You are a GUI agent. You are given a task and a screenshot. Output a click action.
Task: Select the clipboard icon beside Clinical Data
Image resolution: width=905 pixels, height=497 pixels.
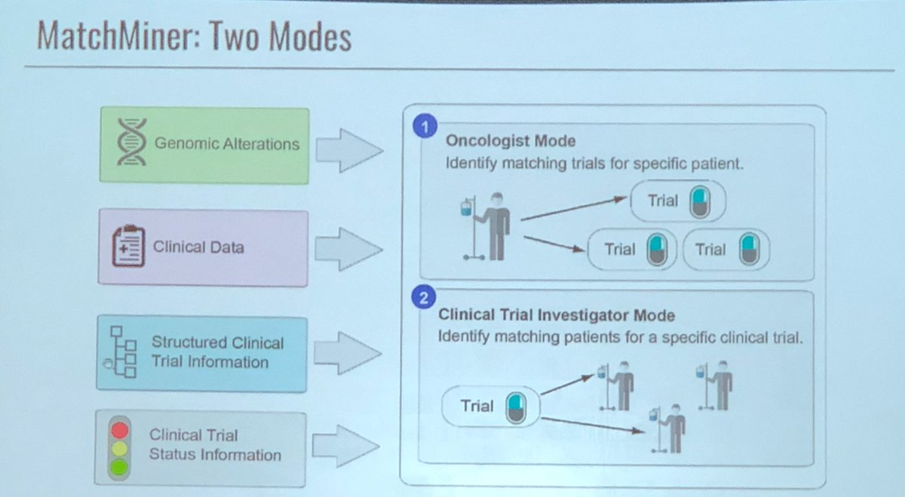[127, 247]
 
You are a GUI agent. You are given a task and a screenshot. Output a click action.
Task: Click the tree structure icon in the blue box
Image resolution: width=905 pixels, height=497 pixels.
[123, 352]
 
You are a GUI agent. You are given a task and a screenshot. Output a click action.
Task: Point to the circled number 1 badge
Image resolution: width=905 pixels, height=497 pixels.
[425, 127]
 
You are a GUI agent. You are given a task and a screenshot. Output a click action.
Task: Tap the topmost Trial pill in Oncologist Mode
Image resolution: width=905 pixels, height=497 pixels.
[677, 201]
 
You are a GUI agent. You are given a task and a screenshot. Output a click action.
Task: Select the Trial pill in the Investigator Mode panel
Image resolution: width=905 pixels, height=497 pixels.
[490, 406]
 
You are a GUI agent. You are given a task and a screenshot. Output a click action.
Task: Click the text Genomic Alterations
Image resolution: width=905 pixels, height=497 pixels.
[226, 144]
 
